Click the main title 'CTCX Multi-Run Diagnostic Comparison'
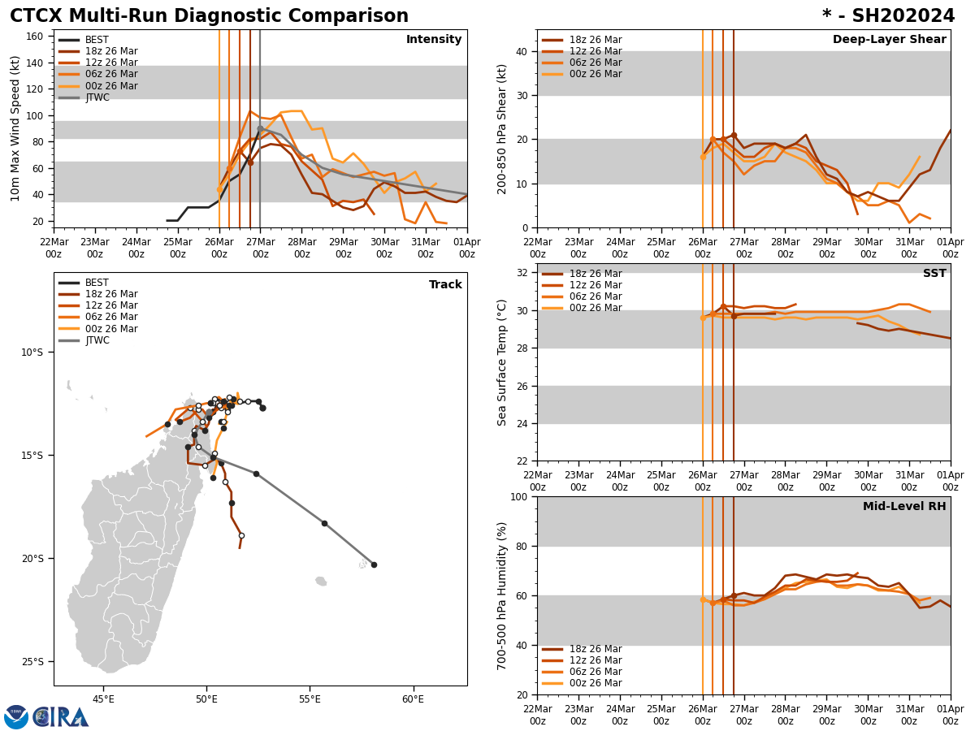tap(209, 16)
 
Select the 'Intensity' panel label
tap(433, 40)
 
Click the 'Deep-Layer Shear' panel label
tap(889, 40)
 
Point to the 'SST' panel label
tap(934, 274)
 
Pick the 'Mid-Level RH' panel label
tap(904, 507)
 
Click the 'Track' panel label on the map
tap(445, 285)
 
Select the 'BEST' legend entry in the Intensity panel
tap(97, 40)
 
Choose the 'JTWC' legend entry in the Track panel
tap(97, 340)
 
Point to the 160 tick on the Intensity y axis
tap(36, 37)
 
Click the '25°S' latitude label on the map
tap(32, 662)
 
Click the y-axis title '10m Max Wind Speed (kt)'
tap(15, 128)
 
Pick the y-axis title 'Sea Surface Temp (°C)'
tap(502, 362)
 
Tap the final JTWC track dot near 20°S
tap(374, 564)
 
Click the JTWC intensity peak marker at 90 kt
tap(260, 128)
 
